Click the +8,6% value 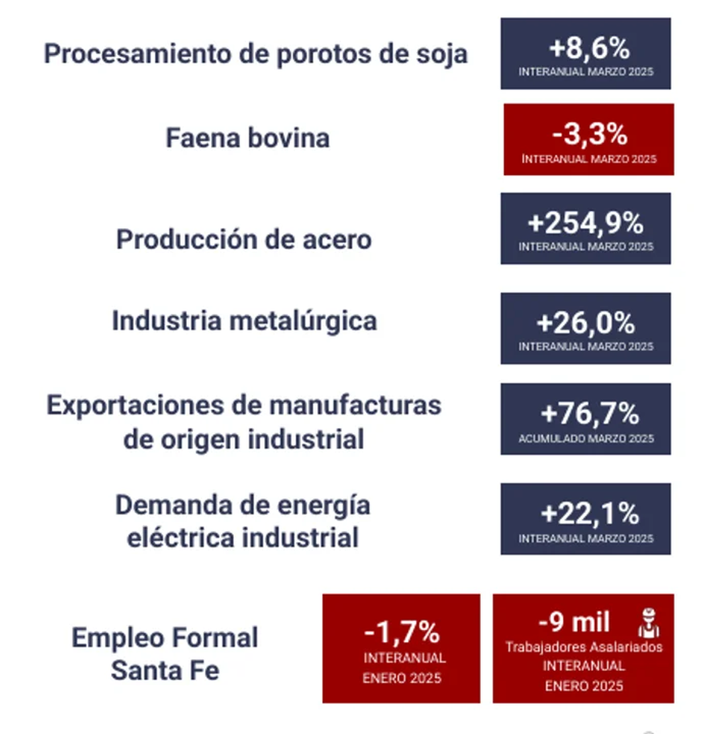coord(589,48)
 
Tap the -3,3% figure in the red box coord(589,134)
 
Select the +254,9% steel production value coord(585,223)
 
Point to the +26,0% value coord(585,323)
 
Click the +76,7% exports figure coord(589,414)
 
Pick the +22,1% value coord(589,514)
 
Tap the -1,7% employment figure coord(401,632)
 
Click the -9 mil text coord(574,622)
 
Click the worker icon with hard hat coord(649,623)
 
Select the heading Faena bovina coord(247,138)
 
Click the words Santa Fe coord(165,670)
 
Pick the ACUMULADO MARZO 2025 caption coord(585,438)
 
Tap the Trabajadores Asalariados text coord(583,647)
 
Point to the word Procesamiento coord(138,54)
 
